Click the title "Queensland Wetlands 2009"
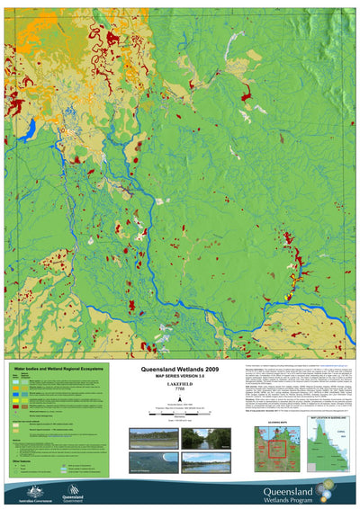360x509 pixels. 179,370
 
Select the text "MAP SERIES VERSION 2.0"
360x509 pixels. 179,376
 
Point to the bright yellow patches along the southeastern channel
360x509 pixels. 290,290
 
